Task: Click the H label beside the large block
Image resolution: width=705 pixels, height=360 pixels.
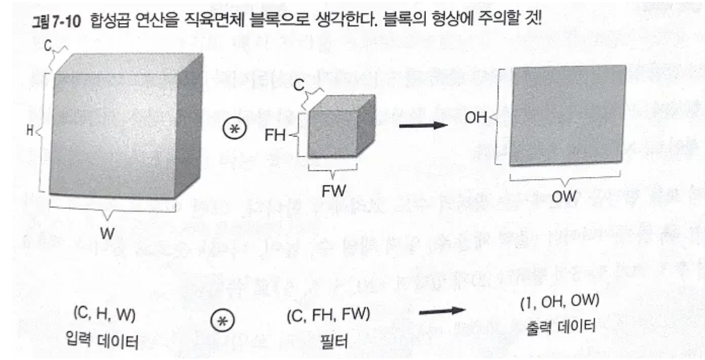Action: click(30, 131)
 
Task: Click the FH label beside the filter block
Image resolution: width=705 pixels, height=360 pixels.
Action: click(275, 135)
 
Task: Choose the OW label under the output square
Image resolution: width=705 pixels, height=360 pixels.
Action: click(564, 196)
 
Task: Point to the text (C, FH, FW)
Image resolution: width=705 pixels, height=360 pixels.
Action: click(328, 317)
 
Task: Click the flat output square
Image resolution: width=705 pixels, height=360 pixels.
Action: click(567, 115)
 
